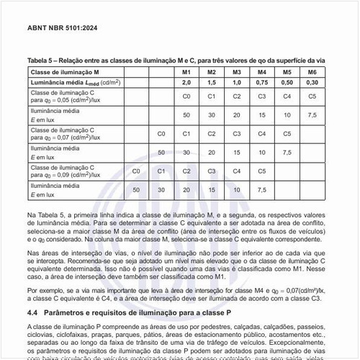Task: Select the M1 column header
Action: click(x=186, y=73)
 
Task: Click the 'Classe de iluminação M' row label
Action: click(x=65, y=73)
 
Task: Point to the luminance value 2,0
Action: click(x=186, y=83)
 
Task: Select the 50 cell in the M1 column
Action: click(x=186, y=114)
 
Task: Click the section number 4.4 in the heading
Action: click(x=33, y=314)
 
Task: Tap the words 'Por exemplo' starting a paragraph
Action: click(x=45, y=289)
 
